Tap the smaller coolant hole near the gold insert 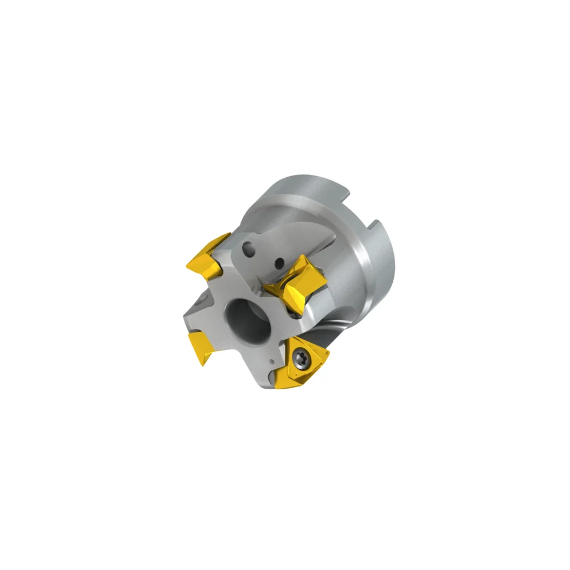[x=279, y=263]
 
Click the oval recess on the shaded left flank [x=201, y=300]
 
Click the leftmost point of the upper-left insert [x=187, y=263]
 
